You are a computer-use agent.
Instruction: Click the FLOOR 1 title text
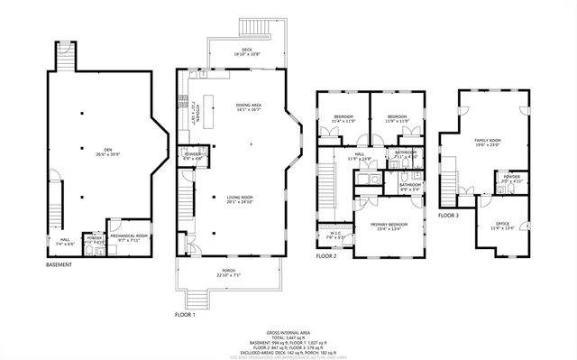click(x=185, y=314)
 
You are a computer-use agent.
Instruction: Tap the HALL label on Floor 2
click(x=359, y=157)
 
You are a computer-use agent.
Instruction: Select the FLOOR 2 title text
click(x=326, y=256)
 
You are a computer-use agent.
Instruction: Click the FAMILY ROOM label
click(x=487, y=143)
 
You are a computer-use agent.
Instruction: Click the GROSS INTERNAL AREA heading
click(x=288, y=333)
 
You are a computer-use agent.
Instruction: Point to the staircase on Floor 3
click(x=448, y=185)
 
